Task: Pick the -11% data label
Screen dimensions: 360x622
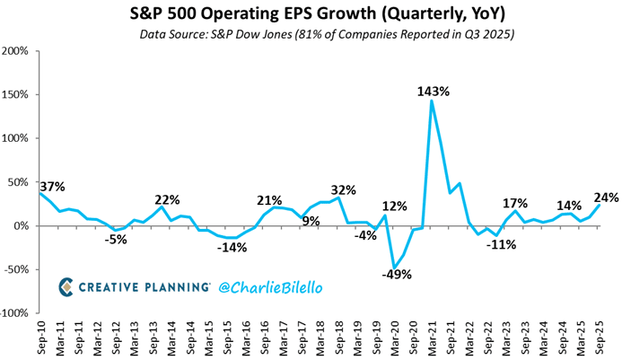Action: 499,244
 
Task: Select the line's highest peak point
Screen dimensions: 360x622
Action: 432,101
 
